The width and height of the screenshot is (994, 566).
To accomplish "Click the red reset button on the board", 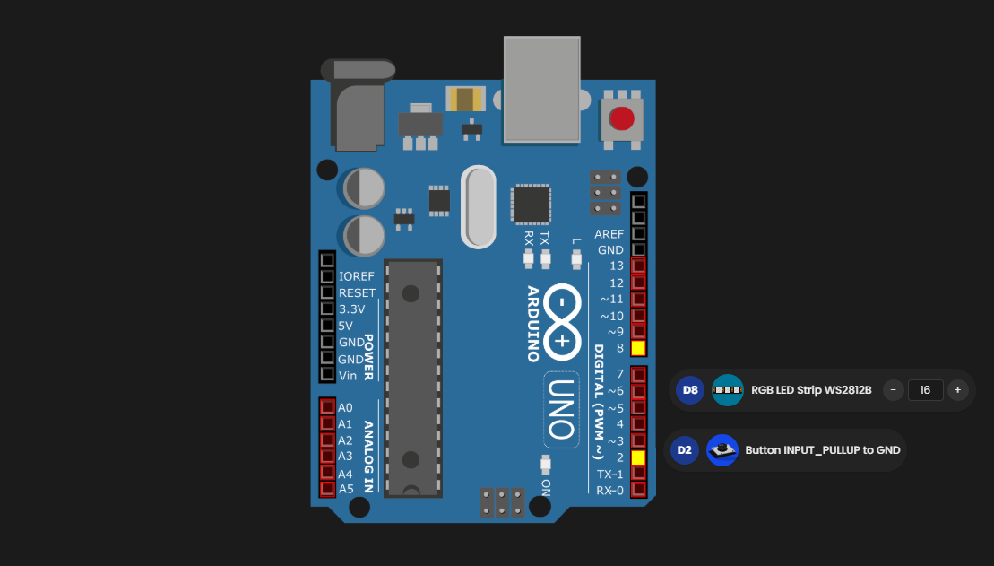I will [x=622, y=118].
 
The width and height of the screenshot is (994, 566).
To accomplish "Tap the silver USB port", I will [x=541, y=90].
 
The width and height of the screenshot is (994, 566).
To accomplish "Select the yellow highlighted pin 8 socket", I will [x=639, y=348].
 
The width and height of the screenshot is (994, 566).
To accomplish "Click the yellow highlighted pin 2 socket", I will [x=638, y=457].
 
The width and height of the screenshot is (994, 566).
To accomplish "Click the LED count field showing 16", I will [x=925, y=390].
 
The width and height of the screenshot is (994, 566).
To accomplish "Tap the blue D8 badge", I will [x=689, y=390].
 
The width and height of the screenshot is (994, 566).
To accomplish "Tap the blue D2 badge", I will [x=684, y=450].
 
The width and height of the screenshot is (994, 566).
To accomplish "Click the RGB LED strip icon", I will [x=728, y=390].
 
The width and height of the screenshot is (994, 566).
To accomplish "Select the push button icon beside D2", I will [x=722, y=450].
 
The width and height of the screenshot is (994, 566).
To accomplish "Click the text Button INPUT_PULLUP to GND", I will [x=822, y=450].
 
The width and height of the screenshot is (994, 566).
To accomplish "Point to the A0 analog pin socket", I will [x=327, y=407].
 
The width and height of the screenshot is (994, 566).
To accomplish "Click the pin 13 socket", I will [x=639, y=266].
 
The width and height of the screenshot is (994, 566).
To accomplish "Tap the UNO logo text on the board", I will [x=561, y=409].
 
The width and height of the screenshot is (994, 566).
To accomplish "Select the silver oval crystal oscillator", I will [x=478, y=206].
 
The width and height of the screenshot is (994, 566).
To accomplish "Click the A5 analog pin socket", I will [x=327, y=489].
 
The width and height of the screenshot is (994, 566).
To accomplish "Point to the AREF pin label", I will [x=609, y=233].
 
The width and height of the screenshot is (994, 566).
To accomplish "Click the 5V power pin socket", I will [x=327, y=325].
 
